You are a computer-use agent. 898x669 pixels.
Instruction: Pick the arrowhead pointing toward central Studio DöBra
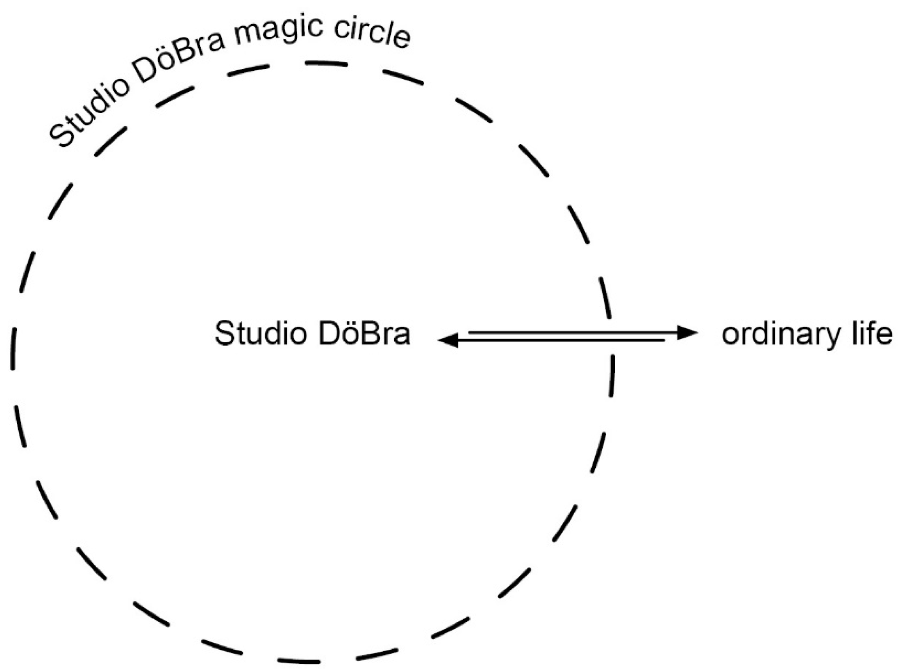[x=448, y=340]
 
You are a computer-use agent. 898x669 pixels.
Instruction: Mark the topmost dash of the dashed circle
[x=326, y=64]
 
